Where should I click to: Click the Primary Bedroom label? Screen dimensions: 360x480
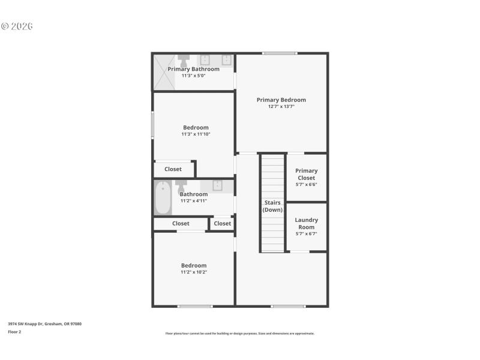click(281, 100)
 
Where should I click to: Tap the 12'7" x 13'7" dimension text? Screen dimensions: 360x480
click(281, 107)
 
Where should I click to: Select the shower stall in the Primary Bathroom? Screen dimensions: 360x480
click(163, 72)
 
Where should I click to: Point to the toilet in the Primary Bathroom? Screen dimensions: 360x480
click(184, 61)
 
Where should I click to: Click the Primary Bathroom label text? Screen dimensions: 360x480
click(193, 69)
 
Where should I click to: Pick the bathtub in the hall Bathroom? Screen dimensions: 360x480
click(163, 197)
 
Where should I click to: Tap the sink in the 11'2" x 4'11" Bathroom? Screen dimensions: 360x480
click(217, 185)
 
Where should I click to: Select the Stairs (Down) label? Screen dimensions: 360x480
click(272, 206)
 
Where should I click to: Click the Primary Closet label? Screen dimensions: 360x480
click(306, 174)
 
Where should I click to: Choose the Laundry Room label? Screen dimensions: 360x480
click(306, 223)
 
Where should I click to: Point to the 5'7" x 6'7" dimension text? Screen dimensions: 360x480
click(306, 234)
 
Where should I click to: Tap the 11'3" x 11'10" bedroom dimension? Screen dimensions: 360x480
click(196, 134)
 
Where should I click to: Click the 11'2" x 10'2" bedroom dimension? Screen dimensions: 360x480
click(194, 272)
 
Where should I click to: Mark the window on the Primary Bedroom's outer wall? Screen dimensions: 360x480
click(280, 53)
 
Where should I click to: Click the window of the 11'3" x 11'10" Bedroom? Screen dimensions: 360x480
click(152, 126)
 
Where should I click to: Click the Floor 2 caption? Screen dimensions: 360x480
click(14, 331)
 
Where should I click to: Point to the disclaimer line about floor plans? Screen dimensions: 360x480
click(239, 334)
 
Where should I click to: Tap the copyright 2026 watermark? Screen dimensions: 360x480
click(17, 26)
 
